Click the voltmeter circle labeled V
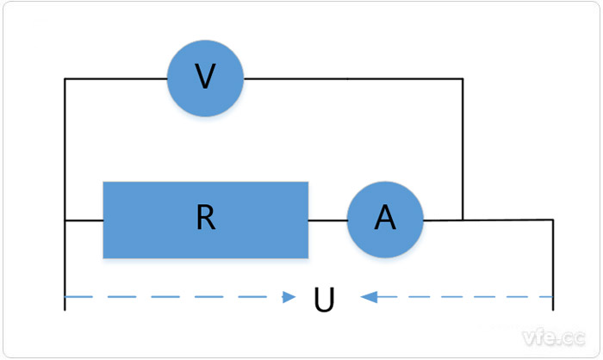point(205,78)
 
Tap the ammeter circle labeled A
point(385,220)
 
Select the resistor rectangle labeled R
point(205,220)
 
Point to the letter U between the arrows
point(324,300)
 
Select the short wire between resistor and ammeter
point(327,220)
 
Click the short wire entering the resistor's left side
point(84,220)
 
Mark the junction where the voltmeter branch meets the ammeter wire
point(463,220)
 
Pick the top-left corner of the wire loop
point(65,79)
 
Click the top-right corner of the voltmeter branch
point(463,79)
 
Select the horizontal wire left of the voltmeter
point(115,79)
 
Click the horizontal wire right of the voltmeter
point(353,79)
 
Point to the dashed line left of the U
point(172,297)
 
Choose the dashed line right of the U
point(465,297)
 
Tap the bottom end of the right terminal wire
point(552,308)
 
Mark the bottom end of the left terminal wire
point(65,308)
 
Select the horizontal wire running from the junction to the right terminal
point(508,220)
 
